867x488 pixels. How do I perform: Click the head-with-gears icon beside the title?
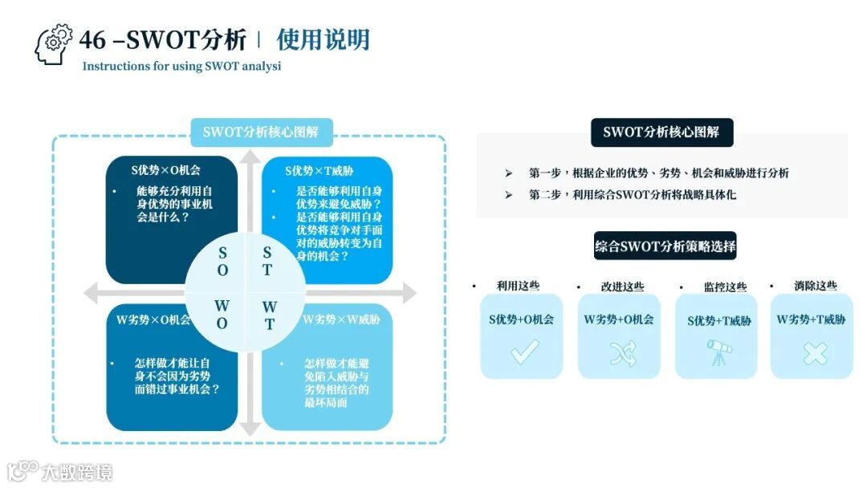tap(54, 45)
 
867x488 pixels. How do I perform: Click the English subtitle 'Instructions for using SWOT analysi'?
tap(181, 67)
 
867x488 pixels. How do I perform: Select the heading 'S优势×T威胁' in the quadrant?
tap(320, 171)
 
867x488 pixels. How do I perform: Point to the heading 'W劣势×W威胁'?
tap(341, 319)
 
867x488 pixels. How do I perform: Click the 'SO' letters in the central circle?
tap(222, 262)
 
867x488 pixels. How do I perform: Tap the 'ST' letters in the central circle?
tap(267, 262)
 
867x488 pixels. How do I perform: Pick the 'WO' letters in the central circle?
tap(222, 315)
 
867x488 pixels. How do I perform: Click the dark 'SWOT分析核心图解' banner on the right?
tap(661, 132)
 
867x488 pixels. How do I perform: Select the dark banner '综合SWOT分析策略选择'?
tap(665, 246)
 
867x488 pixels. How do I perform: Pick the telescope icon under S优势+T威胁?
tap(717, 352)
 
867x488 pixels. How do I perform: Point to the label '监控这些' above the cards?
tap(725, 287)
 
